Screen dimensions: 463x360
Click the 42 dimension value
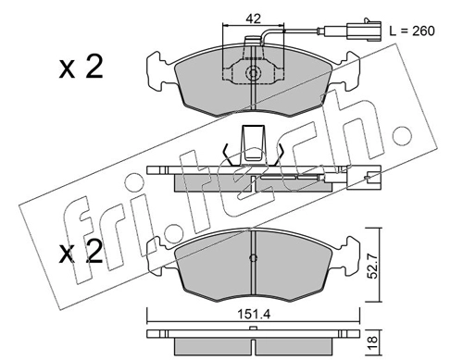(x=254, y=19)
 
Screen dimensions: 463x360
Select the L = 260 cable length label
(x=412, y=31)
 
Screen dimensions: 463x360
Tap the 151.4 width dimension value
(x=254, y=315)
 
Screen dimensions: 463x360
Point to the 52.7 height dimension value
(x=373, y=266)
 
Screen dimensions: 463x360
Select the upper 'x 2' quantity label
(x=81, y=68)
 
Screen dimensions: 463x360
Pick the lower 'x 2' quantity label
(x=81, y=253)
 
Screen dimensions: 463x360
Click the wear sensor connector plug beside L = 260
(x=364, y=30)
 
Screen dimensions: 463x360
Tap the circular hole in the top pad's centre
(x=253, y=73)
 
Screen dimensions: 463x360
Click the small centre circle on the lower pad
(x=253, y=258)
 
